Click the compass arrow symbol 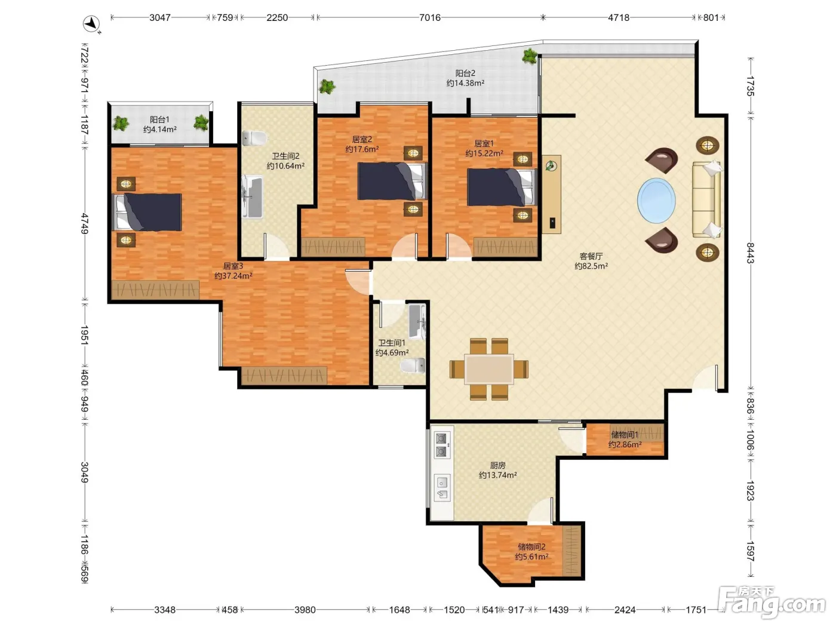(91, 24)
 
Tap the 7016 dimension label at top (429, 17)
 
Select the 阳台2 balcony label (465, 73)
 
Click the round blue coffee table (656, 200)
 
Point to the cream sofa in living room (706, 200)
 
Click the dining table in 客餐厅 (488, 368)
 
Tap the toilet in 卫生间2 (254, 138)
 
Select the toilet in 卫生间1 (413, 365)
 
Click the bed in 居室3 (147, 212)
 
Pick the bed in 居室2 (393, 181)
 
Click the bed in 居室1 (502, 187)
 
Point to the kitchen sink (442, 488)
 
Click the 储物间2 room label (531, 546)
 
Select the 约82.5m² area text (591, 266)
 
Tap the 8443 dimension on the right (750, 253)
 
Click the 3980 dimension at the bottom (305, 610)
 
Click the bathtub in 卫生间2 (252, 196)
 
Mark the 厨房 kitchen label (497, 465)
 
